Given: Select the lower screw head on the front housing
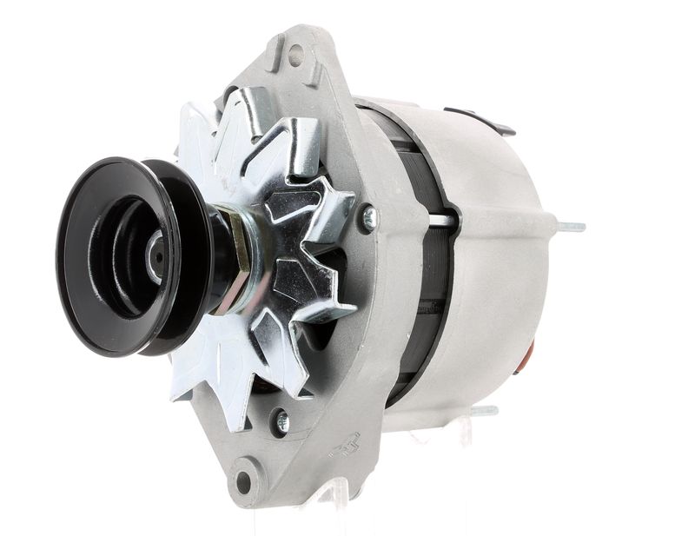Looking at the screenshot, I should [281, 422].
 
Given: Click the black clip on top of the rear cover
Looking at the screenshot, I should [479, 121].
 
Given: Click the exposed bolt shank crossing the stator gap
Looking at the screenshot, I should [442, 221].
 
